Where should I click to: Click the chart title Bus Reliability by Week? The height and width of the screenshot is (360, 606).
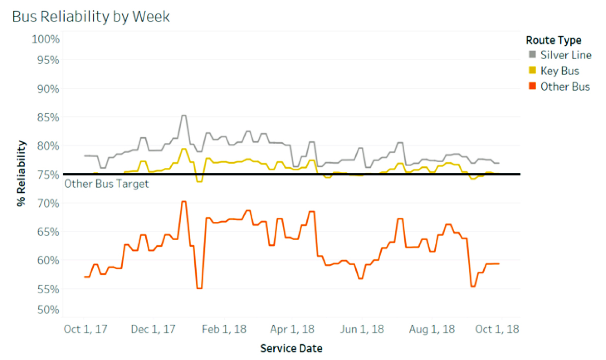(91, 16)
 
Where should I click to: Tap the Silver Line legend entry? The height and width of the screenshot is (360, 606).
(560, 55)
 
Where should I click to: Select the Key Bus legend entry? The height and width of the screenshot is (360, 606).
(554, 71)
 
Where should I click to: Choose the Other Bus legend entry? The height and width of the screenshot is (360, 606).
(559, 87)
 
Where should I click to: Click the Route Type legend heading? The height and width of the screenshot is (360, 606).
(554, 40)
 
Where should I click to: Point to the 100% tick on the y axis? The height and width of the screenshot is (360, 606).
(46, 39)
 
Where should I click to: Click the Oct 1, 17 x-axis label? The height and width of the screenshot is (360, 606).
(86, 329)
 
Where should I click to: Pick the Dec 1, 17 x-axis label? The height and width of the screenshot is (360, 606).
(153, 329)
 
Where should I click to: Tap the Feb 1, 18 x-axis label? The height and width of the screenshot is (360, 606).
(224, 329)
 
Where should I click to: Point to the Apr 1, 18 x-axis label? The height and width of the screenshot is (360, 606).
(293, 329)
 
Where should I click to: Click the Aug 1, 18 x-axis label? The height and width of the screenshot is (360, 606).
(432, 329)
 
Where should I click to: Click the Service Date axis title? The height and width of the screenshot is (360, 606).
(291, 349)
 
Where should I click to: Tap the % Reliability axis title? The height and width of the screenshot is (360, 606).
(21, 174)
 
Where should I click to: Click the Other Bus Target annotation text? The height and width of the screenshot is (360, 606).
(107, 184)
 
